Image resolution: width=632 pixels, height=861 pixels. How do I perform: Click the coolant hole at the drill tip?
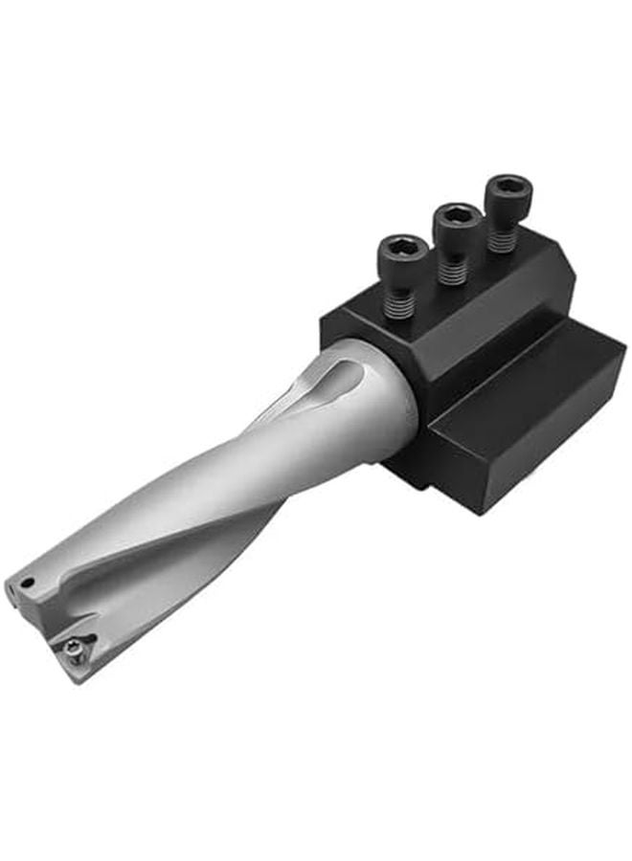coord(29,583)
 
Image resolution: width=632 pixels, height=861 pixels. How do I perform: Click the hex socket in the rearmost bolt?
coord(508,186)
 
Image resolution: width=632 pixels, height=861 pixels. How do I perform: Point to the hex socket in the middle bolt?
coord(457,214)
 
